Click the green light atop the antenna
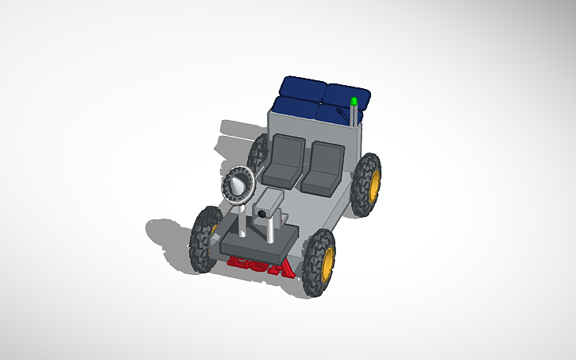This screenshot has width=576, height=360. (354, 101)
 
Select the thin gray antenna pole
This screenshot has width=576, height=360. (354, 116)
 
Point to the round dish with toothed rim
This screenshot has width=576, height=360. (237, 185)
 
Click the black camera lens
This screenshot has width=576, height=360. (261, 214)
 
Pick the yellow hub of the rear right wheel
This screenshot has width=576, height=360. (374, 184)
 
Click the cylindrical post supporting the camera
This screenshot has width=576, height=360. (271, 230)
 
